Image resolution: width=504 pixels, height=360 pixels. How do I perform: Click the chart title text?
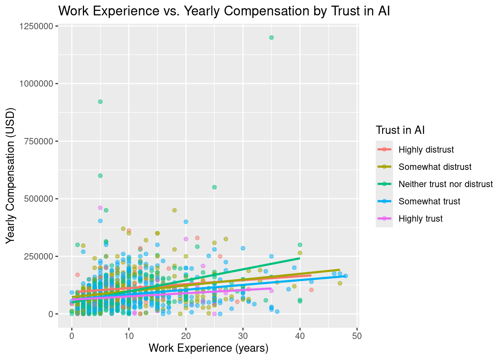224,11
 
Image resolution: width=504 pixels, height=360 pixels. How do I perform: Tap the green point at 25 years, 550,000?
214,187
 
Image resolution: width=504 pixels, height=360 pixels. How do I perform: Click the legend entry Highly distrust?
426,150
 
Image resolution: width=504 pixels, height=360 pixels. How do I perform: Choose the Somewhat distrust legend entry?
435,167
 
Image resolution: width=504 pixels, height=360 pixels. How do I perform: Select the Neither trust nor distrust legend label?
445,184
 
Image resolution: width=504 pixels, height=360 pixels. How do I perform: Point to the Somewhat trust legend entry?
429,201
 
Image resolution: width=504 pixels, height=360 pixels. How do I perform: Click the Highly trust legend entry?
420,219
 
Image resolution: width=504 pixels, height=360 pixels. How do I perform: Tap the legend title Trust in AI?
400,130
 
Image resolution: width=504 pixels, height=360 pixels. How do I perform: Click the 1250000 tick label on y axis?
36,26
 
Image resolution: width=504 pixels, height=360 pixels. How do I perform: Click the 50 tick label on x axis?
357,336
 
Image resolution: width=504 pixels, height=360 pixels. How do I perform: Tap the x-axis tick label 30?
243,336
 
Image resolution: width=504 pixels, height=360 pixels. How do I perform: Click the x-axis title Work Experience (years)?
208,348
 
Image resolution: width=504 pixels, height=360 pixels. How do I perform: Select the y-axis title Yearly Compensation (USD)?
10,176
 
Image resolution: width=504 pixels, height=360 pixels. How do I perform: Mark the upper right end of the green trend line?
300,258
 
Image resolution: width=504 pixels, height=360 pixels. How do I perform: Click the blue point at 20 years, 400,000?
186,222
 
